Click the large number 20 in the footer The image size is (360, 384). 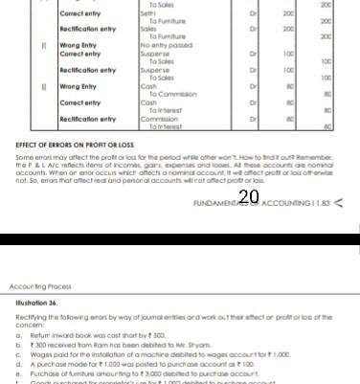pyautogui.click(x=250, y=198)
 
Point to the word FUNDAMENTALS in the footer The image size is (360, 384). pyautogui.click(x=216, y=204)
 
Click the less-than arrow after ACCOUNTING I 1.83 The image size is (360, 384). pyautogui.click(x=338, y=204)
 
